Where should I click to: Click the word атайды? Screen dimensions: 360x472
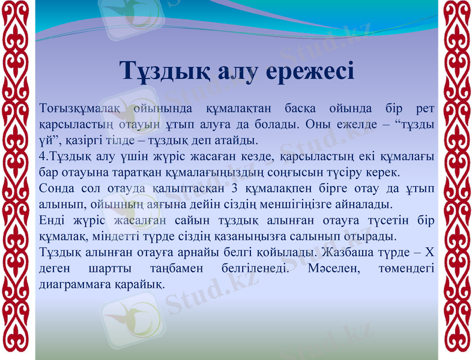click(235, 141)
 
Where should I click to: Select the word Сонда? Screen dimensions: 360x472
click(56, 188)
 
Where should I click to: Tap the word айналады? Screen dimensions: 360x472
click(368, 204)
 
